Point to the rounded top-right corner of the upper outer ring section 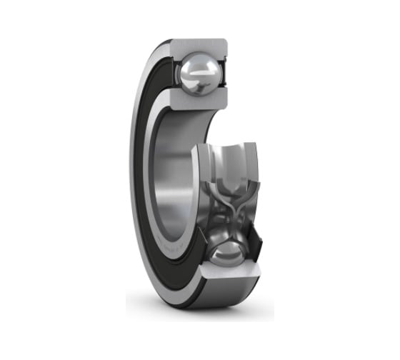click(x=227, y=44)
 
